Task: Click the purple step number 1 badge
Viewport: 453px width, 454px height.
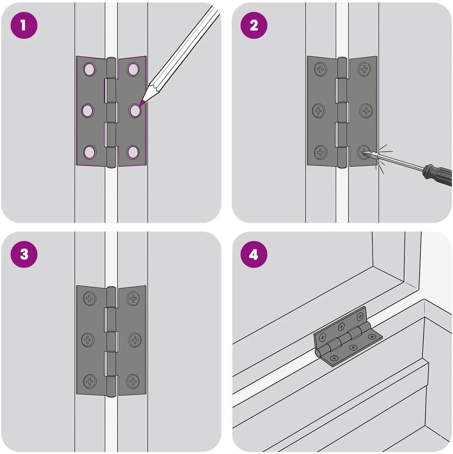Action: point(24,25)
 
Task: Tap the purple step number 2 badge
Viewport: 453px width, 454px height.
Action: point(253,25)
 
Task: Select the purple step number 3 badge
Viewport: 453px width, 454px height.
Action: point(24,254)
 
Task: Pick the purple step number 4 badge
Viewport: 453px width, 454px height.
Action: point(253,254)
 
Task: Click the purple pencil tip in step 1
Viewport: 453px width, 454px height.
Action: point(142,104)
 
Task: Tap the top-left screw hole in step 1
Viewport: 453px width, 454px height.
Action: point(89,69)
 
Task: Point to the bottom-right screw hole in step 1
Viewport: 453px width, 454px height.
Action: point(133,152)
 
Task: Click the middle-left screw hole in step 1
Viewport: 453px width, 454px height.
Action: point(88,111)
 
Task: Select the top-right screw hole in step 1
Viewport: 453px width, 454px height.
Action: point(133,69)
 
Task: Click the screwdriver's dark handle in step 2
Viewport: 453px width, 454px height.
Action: point(437,175)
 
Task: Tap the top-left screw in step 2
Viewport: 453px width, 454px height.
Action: point(320,69)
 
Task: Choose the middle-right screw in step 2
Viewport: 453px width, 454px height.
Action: point(366,110)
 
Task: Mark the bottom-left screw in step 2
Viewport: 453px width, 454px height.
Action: point(320,152)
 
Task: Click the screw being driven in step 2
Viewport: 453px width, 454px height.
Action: point(364,152)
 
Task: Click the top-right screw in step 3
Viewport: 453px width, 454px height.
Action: point(133,298)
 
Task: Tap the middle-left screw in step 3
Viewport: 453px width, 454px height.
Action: point(88,339)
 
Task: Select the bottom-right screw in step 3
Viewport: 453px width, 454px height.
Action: point(133,381)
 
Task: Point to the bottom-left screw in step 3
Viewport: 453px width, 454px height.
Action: point(90,381)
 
